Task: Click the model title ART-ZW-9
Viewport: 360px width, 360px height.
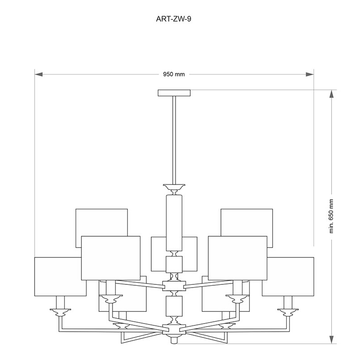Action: point(173,19)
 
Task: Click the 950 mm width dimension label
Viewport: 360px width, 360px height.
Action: point(174,74)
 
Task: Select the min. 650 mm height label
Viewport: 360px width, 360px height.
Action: point(331,216)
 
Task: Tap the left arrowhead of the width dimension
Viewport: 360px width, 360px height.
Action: point(39,74)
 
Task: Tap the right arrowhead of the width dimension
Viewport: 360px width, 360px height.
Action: point(310,74)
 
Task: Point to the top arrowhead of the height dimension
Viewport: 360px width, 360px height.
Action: point(331,94)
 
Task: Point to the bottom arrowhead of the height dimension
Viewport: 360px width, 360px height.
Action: point(331,339)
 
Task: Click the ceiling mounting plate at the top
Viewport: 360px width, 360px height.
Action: point(174,93)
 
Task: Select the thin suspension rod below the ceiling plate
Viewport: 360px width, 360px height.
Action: point(174,140)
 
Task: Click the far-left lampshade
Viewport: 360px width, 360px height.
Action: point(60,277)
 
